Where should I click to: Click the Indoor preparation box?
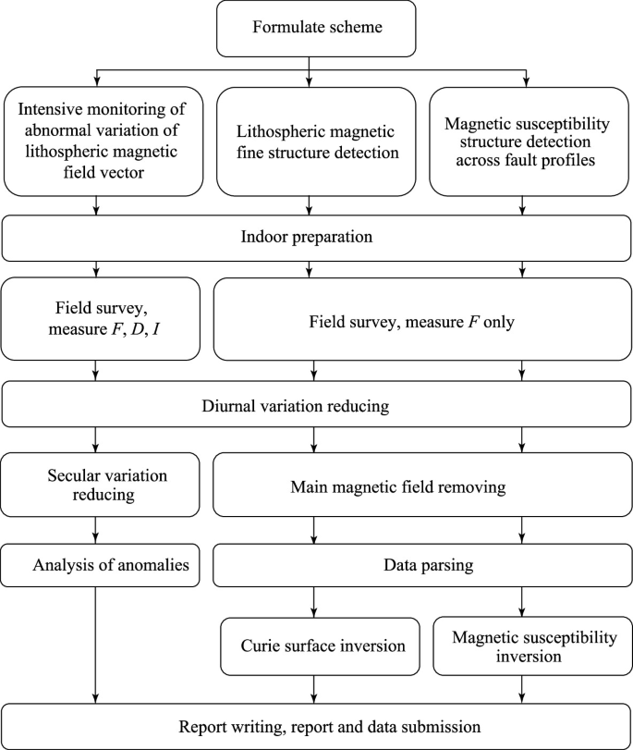[317, 238]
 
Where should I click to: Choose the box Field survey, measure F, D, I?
[101, 316]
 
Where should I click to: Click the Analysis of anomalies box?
[101, 564]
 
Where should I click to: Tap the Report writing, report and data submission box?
[317, 726]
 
